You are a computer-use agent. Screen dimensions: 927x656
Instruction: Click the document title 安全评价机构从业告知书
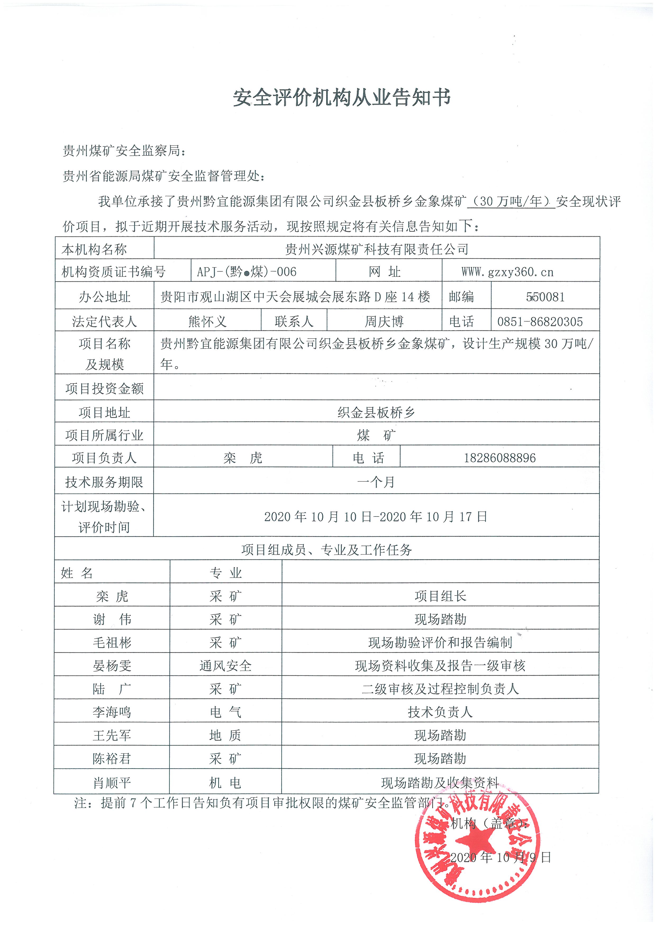[342, 98]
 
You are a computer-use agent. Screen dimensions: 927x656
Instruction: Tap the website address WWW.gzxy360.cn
[507, 272]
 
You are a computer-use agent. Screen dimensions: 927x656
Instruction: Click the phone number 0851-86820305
[540, 322]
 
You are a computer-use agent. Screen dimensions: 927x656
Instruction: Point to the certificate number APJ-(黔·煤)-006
[247, 272]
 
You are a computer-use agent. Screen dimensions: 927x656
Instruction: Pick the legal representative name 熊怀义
[207, 322]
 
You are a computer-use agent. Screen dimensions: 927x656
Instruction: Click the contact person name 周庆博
[384, 322]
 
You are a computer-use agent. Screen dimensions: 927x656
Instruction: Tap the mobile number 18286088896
[500, 458]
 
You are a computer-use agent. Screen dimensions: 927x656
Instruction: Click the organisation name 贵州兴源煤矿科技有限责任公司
[376, 249]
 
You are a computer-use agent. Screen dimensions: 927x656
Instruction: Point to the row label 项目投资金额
[104, 388]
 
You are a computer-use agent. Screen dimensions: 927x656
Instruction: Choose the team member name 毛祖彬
[112, 643]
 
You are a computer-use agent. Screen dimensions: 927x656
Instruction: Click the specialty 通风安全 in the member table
[225, 666]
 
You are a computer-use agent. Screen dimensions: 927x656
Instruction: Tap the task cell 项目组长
[440, 596]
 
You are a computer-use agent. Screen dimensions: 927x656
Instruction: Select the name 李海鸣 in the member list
[112, 712]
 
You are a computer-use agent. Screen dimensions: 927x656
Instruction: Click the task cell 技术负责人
[440, 712]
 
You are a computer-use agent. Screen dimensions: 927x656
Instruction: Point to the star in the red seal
[475, 842]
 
